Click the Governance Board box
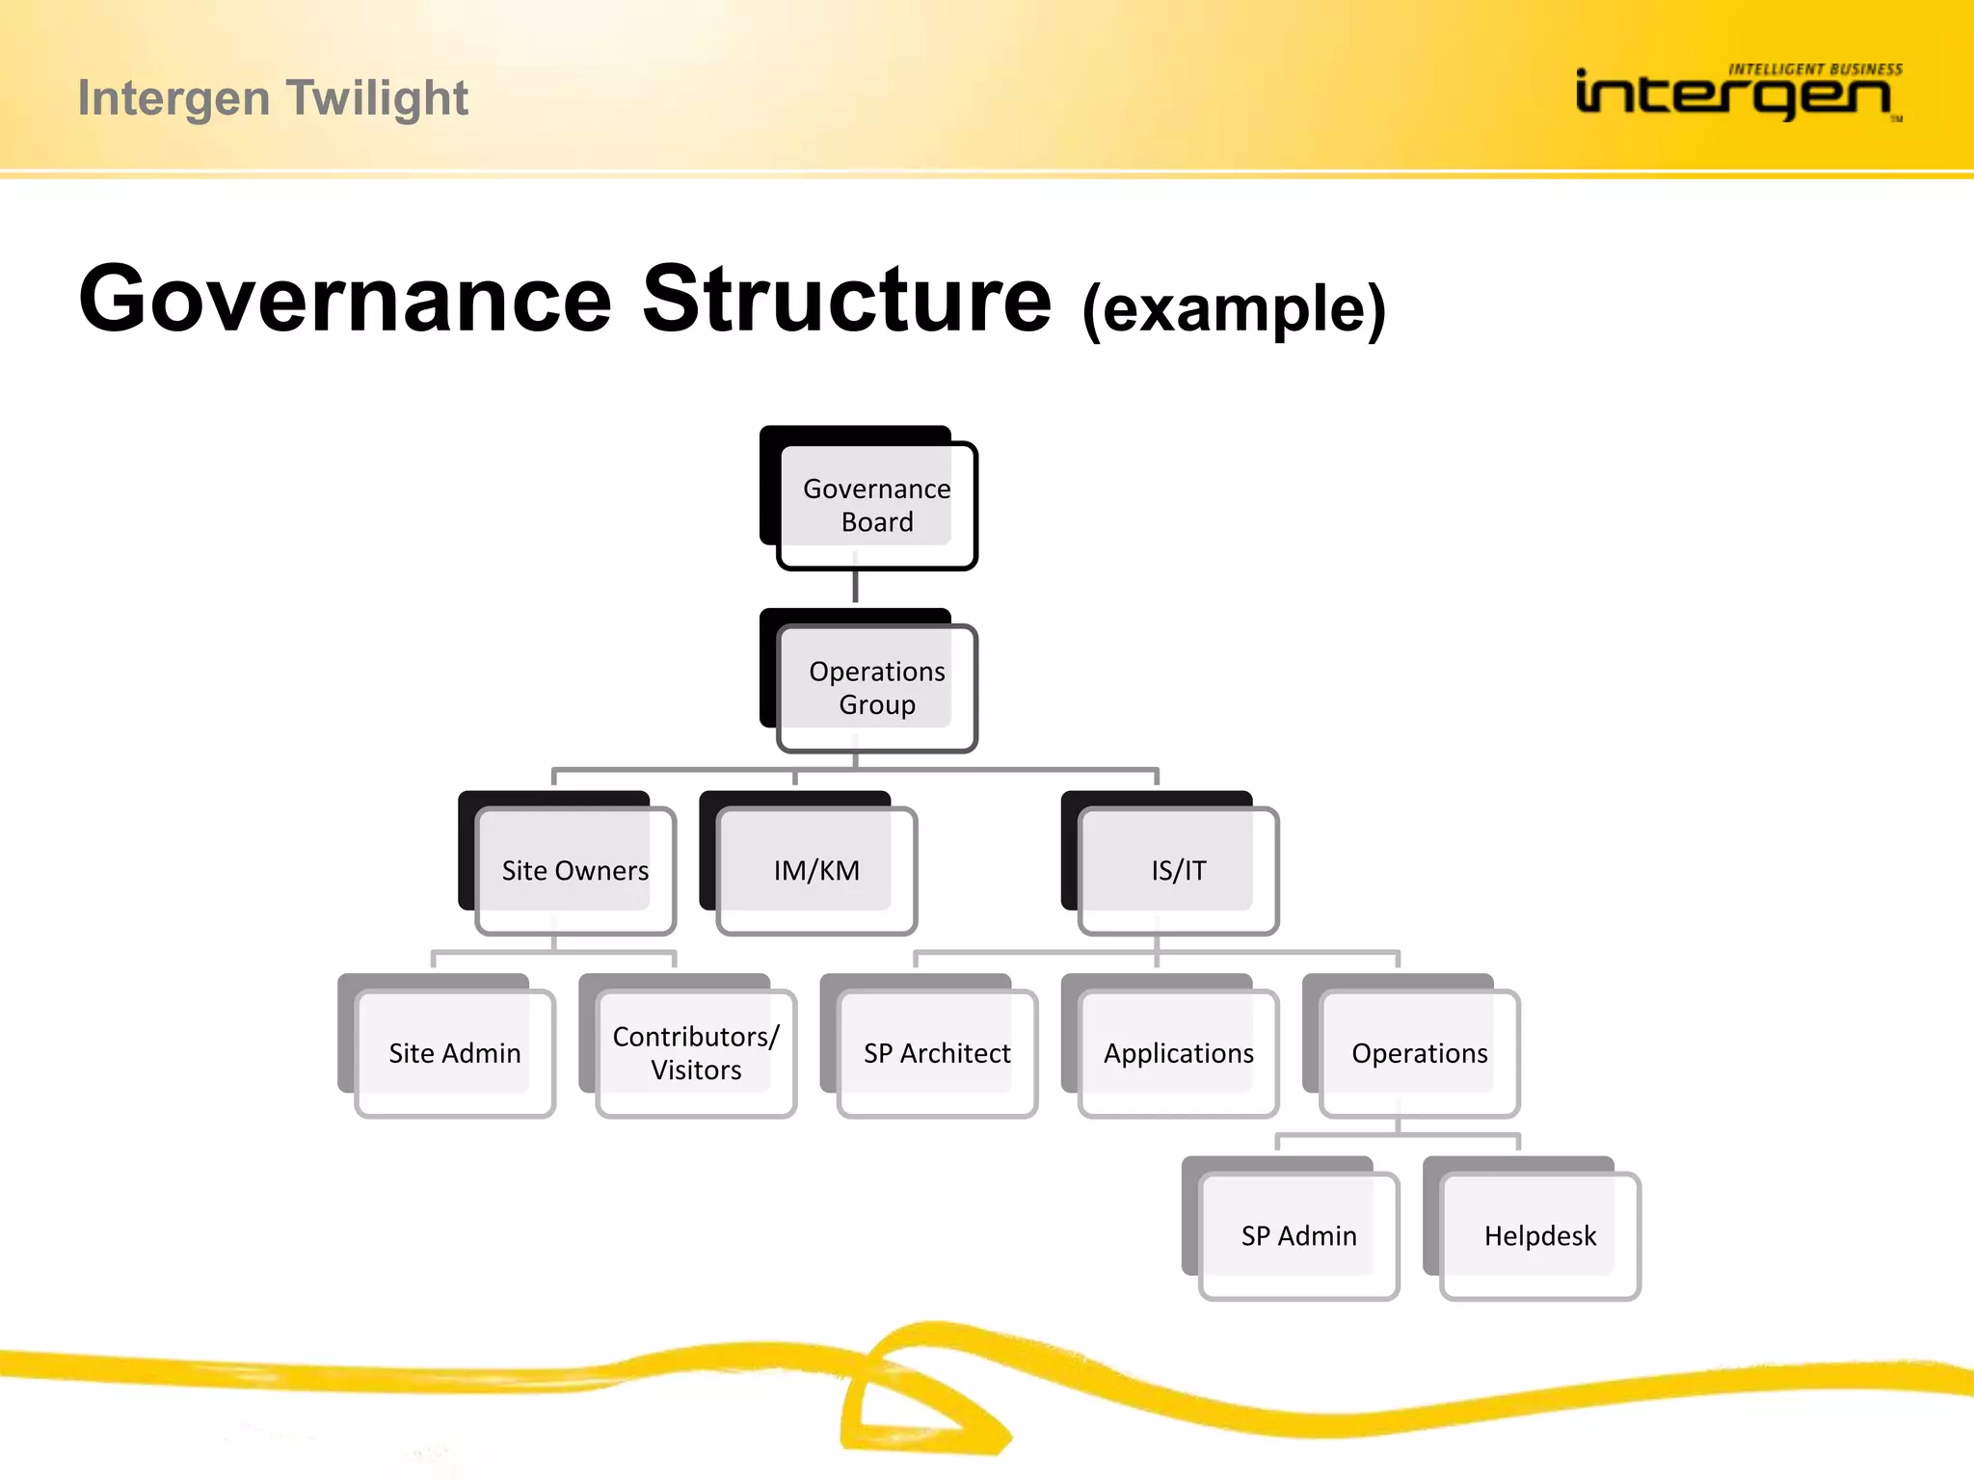coord(876,505)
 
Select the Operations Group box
coord(876,688)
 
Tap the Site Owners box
coord(575,870)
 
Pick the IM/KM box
coord(816,870)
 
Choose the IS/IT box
coord(1178,870)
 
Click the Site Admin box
coord(455,1053)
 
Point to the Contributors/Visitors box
coord(696,1053)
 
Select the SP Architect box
coord(937,1053)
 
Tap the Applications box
coord(1178,1053)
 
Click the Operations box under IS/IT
coord(1420,1053)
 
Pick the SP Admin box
coord(1298,1235)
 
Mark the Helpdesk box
coord(1540,1235)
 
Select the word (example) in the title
coord(1234,308)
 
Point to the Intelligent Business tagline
coord(1815,69)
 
